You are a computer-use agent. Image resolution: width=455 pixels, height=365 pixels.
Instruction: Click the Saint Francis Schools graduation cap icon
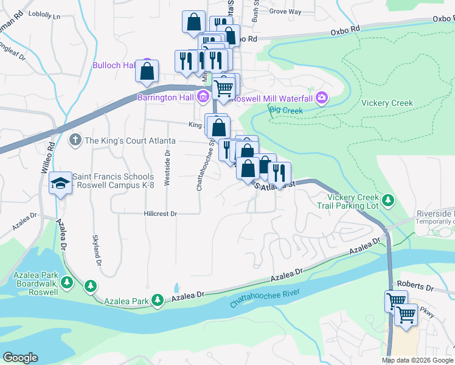point(60,183)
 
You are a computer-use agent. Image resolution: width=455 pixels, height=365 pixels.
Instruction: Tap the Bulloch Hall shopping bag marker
point(147,71)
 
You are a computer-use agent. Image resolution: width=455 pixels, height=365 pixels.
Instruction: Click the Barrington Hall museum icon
point(203,97)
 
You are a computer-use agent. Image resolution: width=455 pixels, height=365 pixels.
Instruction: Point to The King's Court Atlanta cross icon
point(75,141)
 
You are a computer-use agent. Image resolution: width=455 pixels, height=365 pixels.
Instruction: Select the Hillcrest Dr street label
point(160,214)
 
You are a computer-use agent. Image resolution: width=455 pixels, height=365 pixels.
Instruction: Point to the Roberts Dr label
point(415,285)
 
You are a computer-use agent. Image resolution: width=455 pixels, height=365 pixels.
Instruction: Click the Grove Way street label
point(285,12)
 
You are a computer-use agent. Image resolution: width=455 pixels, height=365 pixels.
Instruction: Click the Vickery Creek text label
point(387,103)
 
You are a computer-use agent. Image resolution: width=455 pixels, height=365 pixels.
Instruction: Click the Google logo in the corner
point(20,358)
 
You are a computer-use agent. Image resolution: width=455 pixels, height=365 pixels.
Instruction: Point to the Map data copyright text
point(417,360)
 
